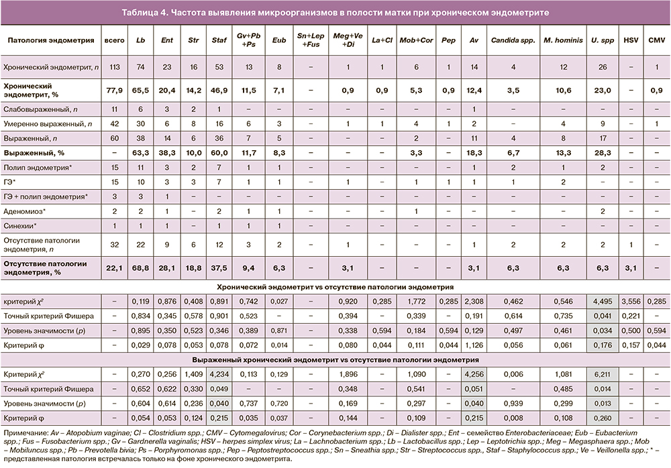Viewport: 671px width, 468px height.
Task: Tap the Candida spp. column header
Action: pyautogui.click(x=512, y=40)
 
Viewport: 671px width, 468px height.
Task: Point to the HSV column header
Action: pyautogui.click(x=630, y=40)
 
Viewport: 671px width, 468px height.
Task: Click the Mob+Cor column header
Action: pyautogui.click(x=416, y=40)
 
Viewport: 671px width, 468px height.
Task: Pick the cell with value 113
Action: pyautogui.click(x=114, y=68)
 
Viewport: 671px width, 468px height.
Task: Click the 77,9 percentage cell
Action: pyautogui.click(x=114, y=92)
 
